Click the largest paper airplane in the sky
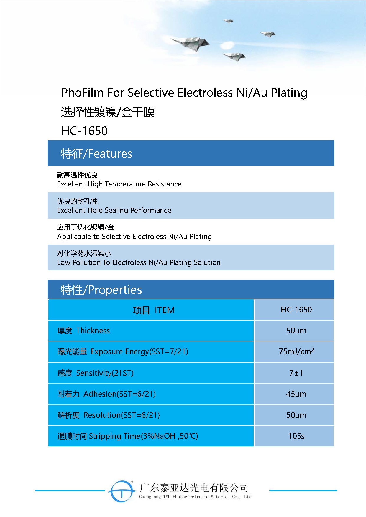coord(191,43)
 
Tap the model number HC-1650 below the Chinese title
coord(84,131)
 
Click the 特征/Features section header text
coord(96,154)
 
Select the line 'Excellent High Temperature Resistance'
coord(119,184)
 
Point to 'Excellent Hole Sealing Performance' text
coord(114,210)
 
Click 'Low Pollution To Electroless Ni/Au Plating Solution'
coord(139,262)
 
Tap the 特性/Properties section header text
coord(101,290)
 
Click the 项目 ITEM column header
coord(154,310)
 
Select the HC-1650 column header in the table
coord(296,310)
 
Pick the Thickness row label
coord(84,331)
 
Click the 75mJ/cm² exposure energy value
coord(296,351)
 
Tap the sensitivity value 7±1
coord(296,373)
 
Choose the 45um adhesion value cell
coord(296,394)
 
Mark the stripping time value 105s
coord(296,436)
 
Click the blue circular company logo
coord(122,491)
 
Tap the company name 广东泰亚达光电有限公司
coord(194,488)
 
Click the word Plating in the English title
coord(289,93)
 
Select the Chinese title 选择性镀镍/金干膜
coord(108,112)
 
